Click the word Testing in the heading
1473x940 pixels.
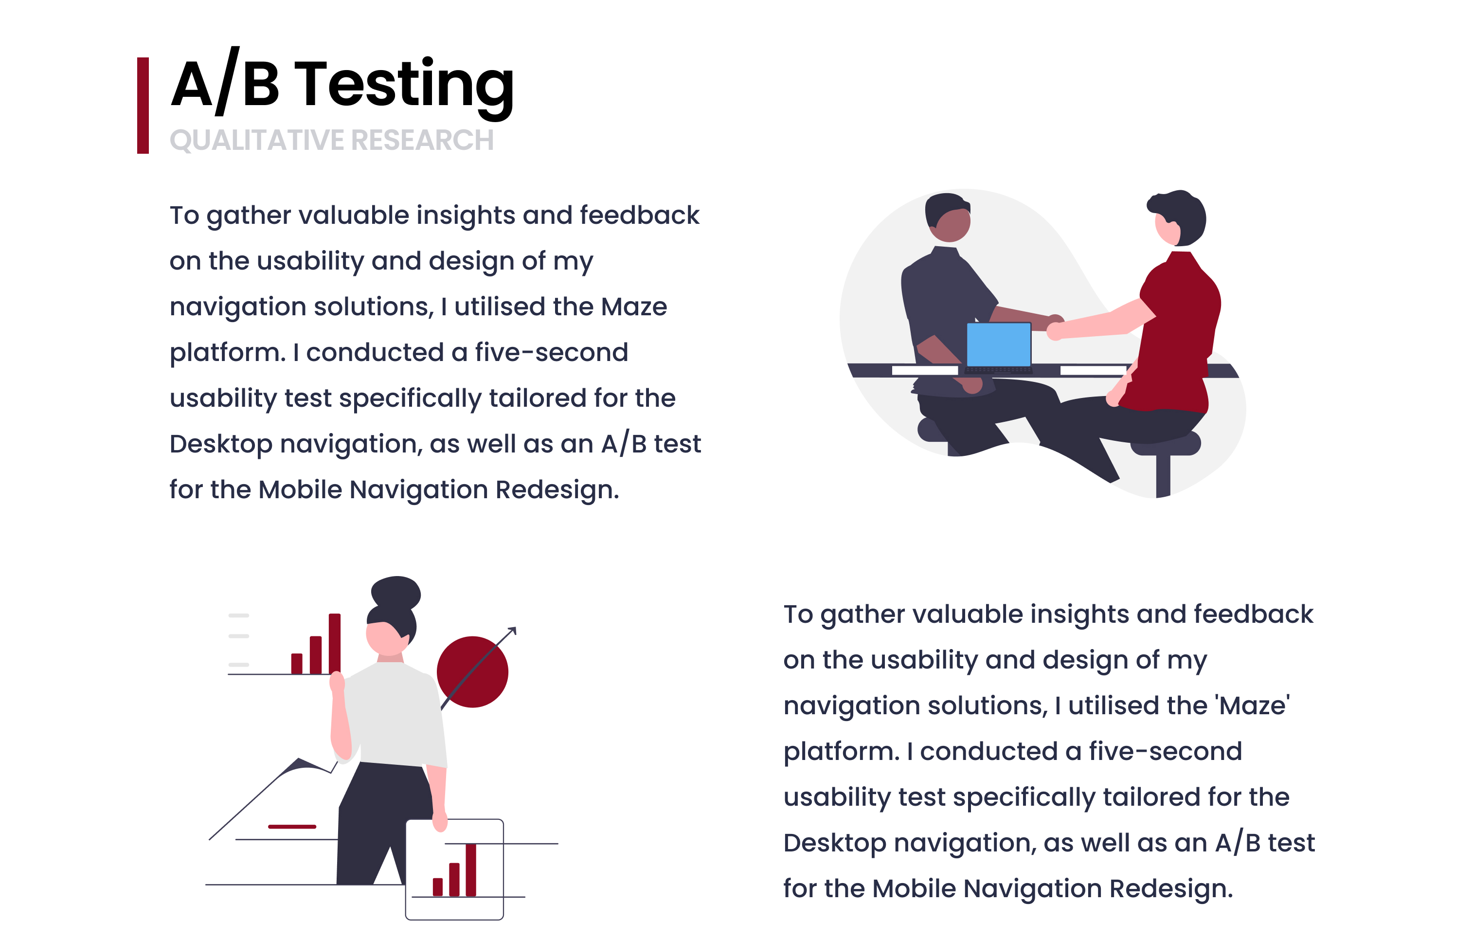(404, 86)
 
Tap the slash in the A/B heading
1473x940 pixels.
(227, 81)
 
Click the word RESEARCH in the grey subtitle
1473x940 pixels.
(423, 140)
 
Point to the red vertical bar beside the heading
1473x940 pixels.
(143, 105)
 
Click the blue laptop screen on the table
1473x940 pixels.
(998, 344)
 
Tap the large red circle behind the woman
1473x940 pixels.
(472, 672)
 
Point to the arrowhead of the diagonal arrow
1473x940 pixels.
(513, 631)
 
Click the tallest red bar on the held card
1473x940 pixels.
(471, 869)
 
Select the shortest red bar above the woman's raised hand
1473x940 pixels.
(297, 663)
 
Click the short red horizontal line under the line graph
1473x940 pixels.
(292, 827)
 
